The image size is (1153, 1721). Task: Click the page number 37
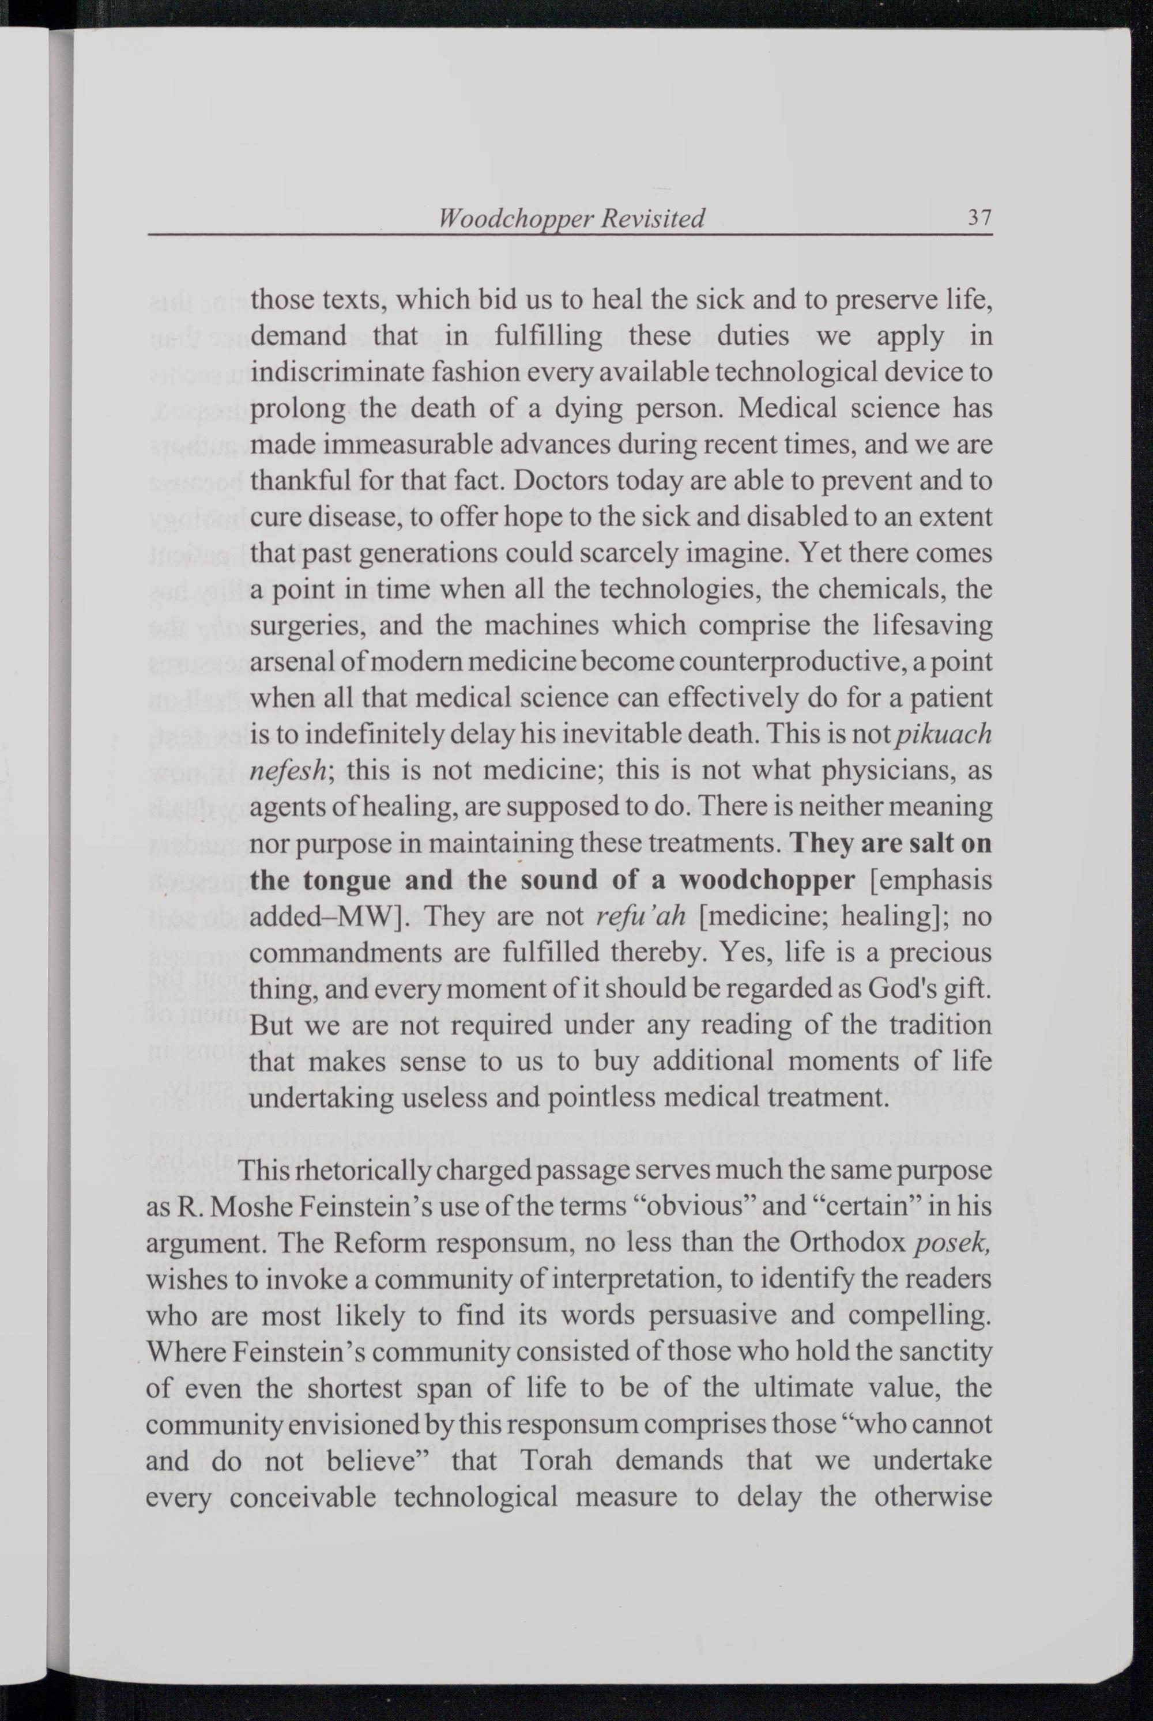tap(980, 218)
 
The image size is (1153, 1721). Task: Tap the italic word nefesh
tap(288, 771)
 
